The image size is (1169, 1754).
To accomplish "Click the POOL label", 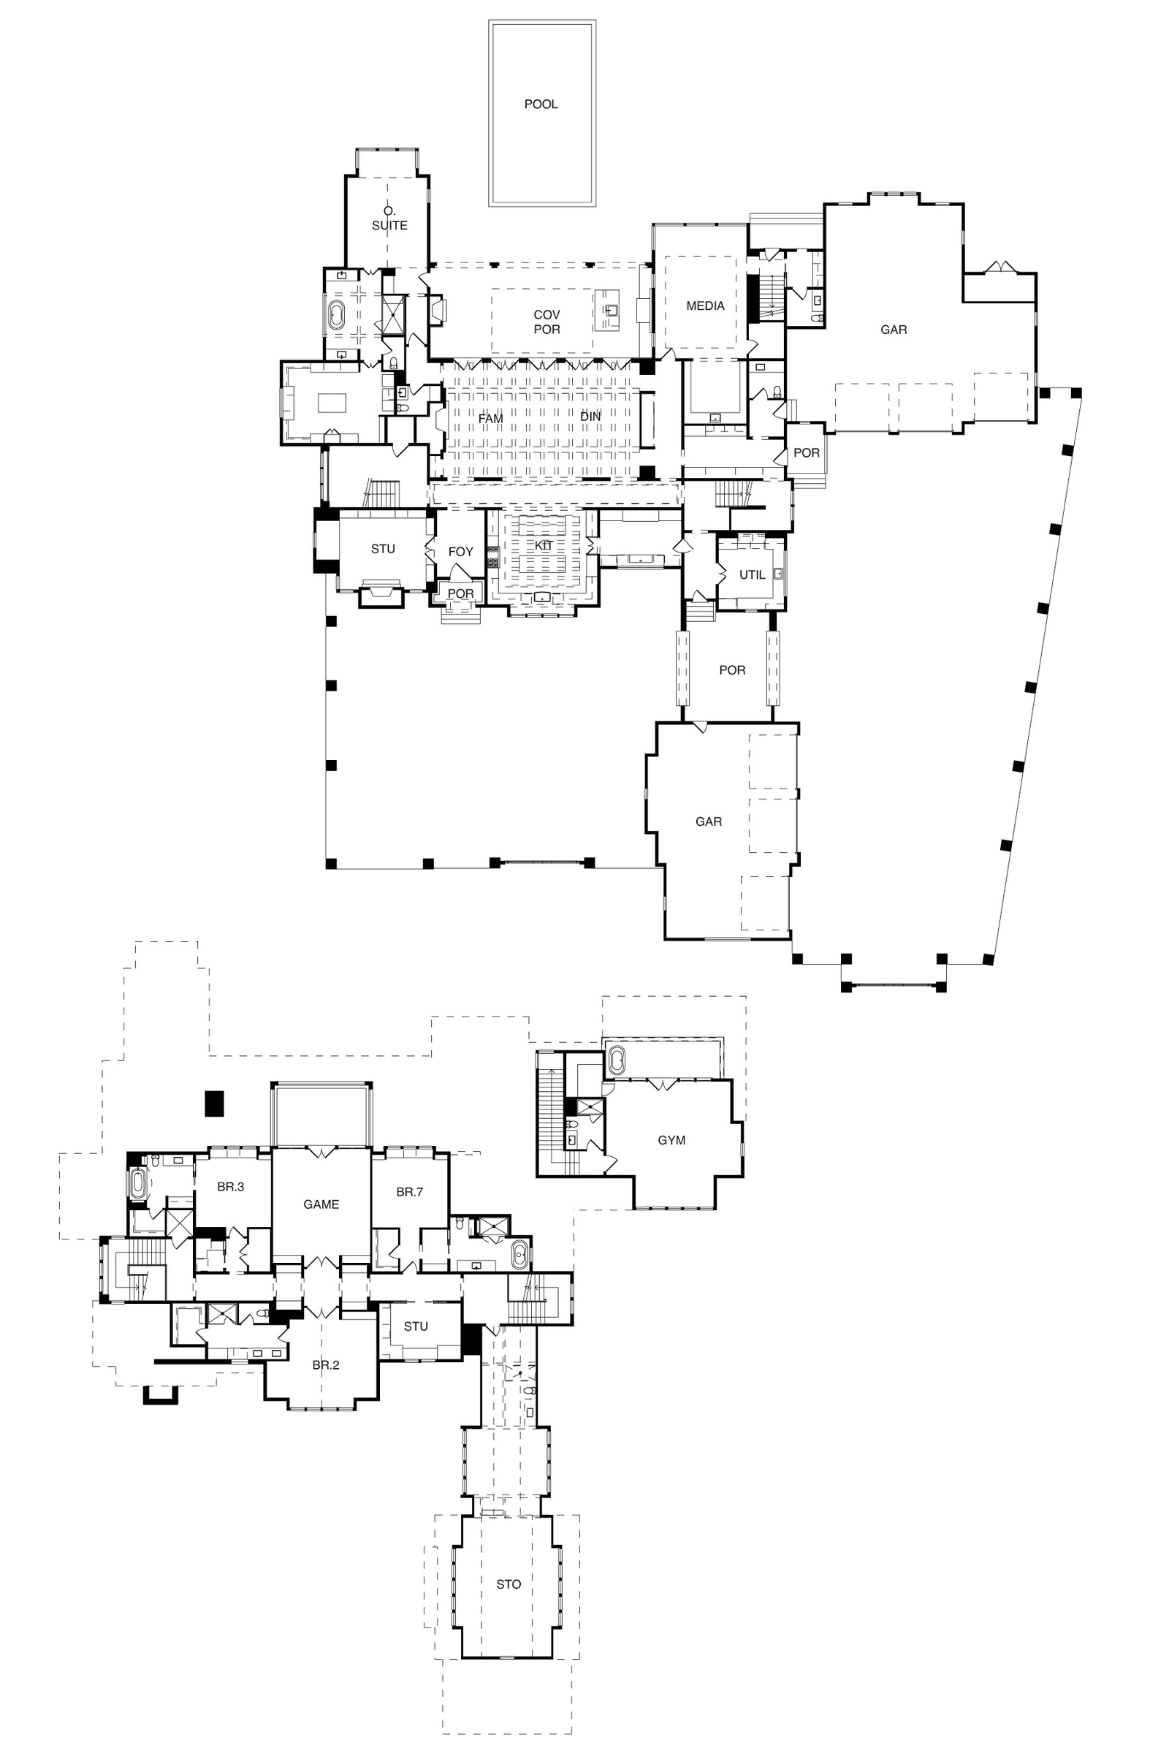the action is [541, 105].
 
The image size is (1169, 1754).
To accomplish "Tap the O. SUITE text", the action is [390, 219].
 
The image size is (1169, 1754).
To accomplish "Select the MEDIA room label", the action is [705, 305].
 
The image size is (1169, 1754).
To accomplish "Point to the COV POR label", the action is [547, 322].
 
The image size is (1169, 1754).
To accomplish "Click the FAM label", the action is [490, 419].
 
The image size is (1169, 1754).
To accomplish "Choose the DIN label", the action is [590, 417].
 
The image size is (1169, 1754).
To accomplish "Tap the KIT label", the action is [544, 546].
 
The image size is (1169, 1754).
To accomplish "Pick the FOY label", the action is [461, 552].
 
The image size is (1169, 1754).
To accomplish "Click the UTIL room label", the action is [753, 575].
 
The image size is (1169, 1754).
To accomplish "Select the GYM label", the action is [671, 1140].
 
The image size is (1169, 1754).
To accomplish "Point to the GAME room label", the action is [321, 1204].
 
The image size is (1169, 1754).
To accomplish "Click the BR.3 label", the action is [231, 1187].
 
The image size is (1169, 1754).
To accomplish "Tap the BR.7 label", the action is [410, 1193].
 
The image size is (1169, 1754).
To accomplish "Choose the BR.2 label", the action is [326, 1365].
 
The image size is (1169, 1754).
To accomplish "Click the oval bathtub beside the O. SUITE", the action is [337, 317].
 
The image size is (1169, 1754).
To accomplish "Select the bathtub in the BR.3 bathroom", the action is [139, 1184].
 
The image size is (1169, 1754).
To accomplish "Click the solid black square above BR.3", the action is [214, 1104].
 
